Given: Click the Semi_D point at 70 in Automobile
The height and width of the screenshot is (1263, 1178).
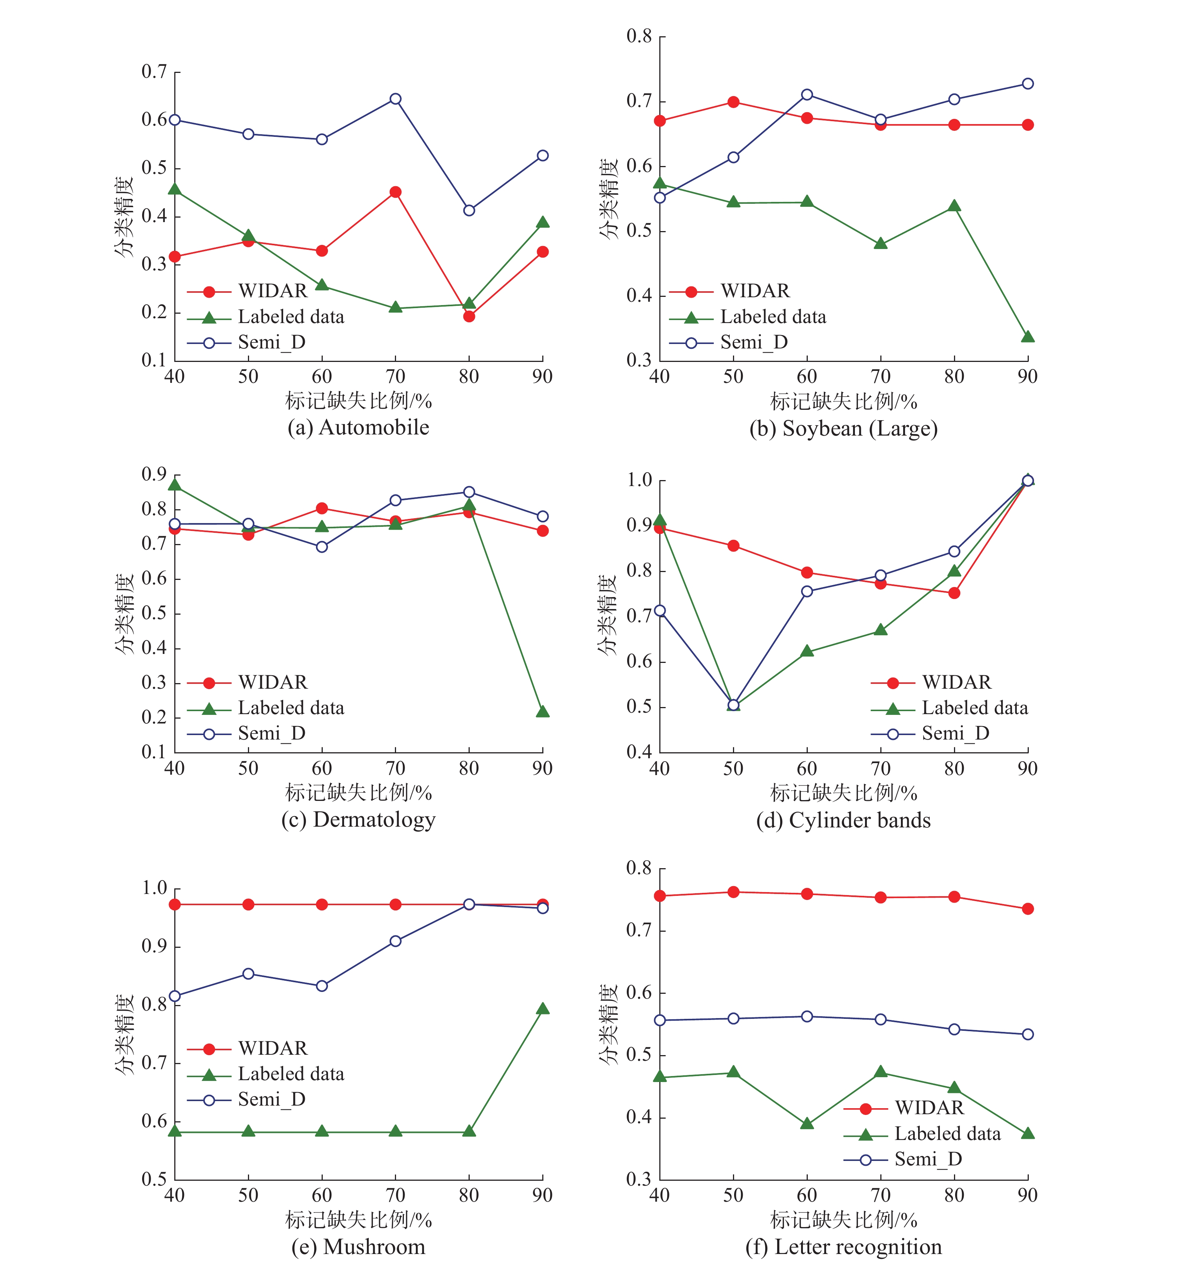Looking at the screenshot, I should coord(395,99).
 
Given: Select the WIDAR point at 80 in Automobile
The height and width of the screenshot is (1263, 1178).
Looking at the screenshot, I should coord(469,316).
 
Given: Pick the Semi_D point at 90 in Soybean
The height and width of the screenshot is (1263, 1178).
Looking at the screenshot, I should coord(1027,84).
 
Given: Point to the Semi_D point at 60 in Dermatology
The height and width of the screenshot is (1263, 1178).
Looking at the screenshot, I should coord(322,547).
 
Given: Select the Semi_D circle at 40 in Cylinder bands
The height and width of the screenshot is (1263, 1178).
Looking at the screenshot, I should coord(660,611).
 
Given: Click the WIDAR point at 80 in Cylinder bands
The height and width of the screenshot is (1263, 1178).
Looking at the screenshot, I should coord(954,593).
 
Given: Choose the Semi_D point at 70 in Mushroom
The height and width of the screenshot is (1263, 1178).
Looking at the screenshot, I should coord(395,941).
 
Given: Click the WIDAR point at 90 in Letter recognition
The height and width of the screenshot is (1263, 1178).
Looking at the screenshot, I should coord(1027,909).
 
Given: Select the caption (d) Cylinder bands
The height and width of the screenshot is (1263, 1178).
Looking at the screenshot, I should coord(843,820).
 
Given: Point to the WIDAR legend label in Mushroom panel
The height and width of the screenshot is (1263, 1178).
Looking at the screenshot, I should coord(273,1048).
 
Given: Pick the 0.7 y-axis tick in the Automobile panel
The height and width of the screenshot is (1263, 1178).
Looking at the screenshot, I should coord(154,72).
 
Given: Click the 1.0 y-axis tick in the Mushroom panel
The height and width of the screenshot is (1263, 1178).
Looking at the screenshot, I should coord(154,888).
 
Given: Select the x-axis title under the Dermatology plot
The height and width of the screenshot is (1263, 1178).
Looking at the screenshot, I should coord(358,793).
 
